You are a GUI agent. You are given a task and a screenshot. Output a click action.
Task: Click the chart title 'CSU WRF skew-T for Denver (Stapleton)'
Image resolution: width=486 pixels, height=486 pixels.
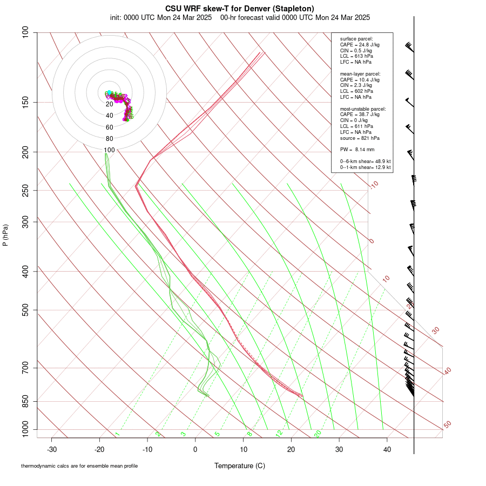click(x=239, y=8)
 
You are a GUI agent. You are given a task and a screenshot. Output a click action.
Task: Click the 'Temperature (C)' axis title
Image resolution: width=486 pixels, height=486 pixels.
click(x=239, y=465)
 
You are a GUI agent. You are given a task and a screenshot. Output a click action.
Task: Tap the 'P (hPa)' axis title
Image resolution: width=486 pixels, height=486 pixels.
click(x=5, y=235)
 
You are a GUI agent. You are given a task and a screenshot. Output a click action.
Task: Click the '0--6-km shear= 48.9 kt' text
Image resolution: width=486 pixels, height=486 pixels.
click(x=365, y=161)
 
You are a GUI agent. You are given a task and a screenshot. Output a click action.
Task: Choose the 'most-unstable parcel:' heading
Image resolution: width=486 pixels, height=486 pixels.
click(x=363, y=109)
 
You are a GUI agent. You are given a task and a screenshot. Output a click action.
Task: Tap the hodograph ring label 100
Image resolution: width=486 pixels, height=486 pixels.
click(x=110, y=150)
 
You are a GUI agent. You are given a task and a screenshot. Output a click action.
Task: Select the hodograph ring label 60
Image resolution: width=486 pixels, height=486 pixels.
click(x=110, y=127)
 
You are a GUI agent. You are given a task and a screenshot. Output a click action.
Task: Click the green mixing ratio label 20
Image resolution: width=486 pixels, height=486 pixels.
click(x=318, y=433)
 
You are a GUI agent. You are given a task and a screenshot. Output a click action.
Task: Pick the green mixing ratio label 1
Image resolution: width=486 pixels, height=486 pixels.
click(x=117, y=434)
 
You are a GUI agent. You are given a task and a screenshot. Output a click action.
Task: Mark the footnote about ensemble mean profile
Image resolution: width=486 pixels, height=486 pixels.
click(x=79, y=465)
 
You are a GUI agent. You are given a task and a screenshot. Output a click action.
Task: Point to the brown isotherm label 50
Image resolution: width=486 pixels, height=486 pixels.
click(x=447, y=425)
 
